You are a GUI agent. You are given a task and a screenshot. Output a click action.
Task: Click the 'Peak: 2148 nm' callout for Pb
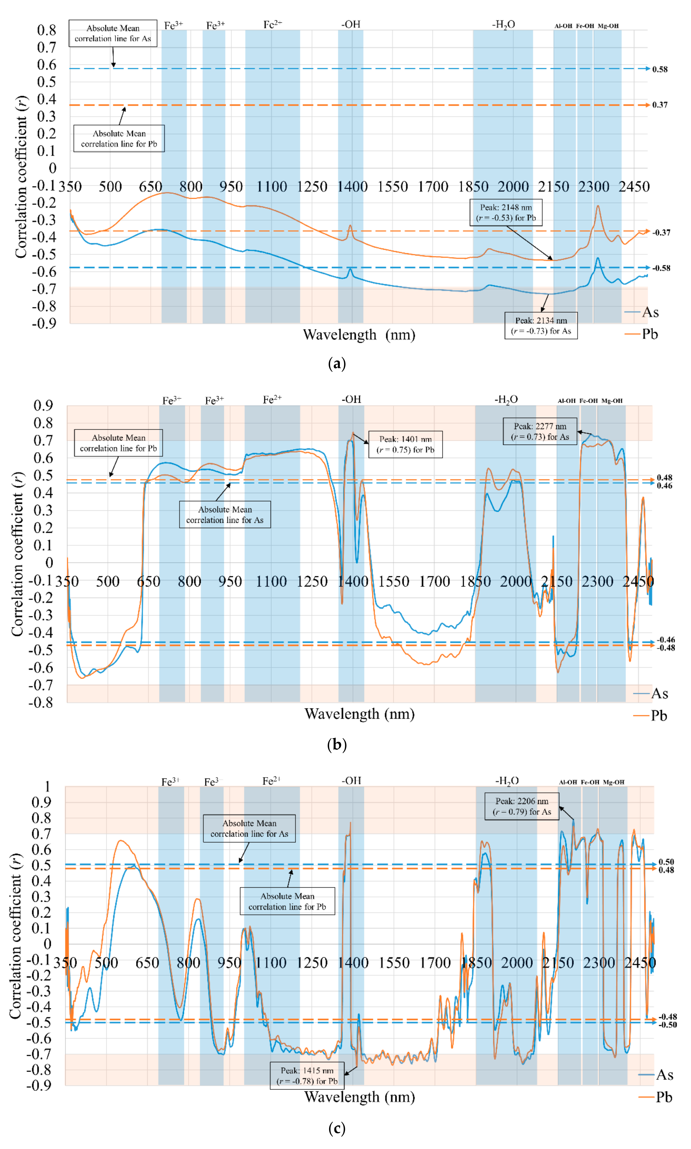506,213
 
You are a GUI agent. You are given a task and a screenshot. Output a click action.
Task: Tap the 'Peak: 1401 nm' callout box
405,444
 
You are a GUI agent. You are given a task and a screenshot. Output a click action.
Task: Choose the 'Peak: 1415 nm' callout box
307,1075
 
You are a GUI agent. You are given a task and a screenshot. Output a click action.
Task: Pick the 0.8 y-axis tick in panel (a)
47,30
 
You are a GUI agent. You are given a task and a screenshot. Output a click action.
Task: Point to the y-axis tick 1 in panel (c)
48,787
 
